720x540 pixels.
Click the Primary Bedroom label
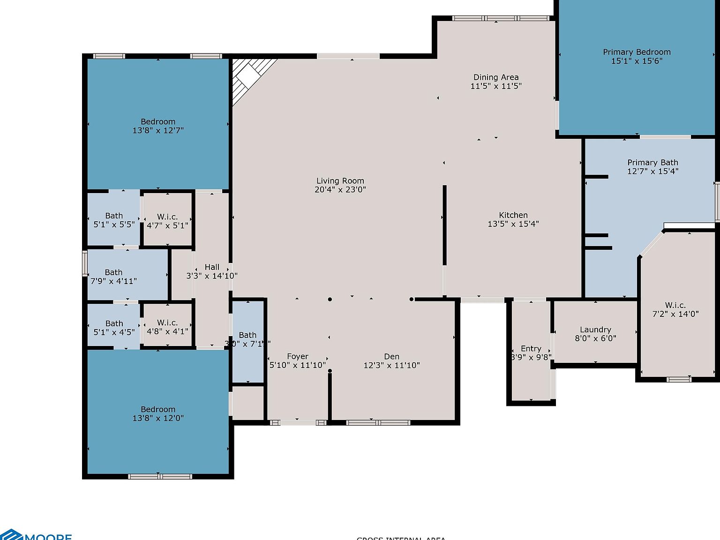click(637, 52)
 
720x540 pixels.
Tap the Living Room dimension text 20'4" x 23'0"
click(340, 190)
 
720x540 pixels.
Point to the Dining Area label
click(496, 77)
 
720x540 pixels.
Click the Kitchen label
click(513, 215)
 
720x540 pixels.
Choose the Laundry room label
click(595, 330)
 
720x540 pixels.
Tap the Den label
click(391, 357)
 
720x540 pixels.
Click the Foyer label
click(297, 357)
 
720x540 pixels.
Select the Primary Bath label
click(652, 163)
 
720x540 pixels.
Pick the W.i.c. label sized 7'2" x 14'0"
click(675, 306)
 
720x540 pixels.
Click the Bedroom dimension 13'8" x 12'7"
click(158, 131)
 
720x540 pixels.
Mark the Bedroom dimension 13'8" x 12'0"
click(158, 418)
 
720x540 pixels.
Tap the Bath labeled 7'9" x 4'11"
click(113, 272)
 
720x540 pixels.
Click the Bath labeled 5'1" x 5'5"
click(114, 216)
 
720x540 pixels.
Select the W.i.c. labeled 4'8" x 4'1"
click(167, 323)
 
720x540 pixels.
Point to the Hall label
click(212, 267)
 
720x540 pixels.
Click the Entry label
click(531, 349)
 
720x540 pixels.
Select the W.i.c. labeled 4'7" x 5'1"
click(167, 217)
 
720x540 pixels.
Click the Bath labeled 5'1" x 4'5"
click(114, 323)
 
